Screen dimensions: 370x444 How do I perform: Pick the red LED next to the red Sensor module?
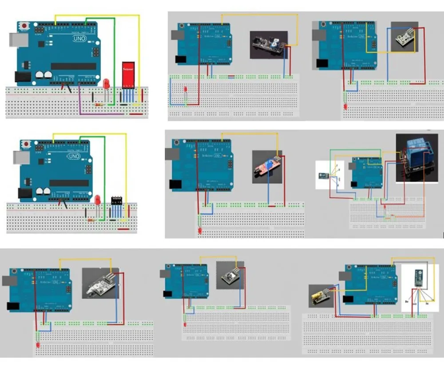click(107, 84)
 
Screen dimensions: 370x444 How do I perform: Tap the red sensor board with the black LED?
click(267, 165)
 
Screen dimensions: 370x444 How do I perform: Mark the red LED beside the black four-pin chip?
click(97, 200)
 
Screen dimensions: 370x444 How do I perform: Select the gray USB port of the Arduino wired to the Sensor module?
click(13, 39)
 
